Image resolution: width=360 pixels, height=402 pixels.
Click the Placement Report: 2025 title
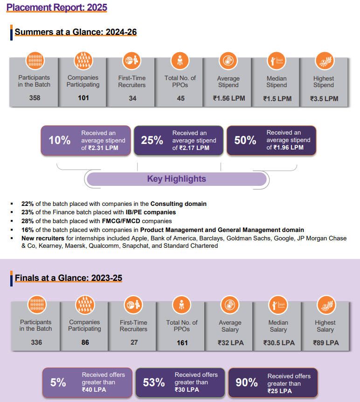pos(57,7)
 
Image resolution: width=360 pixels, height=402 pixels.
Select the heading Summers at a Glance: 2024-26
pos(76,32)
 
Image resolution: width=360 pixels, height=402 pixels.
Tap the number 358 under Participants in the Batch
pos(34,98)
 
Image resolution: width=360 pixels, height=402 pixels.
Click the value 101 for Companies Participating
pos(83,98)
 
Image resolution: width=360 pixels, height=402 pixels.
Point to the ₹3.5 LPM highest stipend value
pos(324,99)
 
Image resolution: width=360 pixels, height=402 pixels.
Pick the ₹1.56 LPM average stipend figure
pos(228,98)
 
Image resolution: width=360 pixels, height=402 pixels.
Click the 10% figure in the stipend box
pos(60,140)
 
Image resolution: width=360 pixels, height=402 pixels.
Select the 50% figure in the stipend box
pos(245,140)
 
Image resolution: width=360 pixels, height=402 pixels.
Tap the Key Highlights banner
pos(177,179)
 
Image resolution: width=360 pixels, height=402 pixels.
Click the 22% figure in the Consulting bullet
pos(28,204)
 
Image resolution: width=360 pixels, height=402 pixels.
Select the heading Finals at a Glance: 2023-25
pos(69,278)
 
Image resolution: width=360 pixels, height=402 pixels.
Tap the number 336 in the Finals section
pos(36,343)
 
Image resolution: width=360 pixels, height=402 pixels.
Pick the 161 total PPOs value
pos(182,343)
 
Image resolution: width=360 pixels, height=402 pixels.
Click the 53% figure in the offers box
pos(154,382)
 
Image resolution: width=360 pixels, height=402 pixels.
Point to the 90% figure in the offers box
pos(247,382)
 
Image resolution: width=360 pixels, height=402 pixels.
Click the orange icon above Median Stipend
pos(277,61)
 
